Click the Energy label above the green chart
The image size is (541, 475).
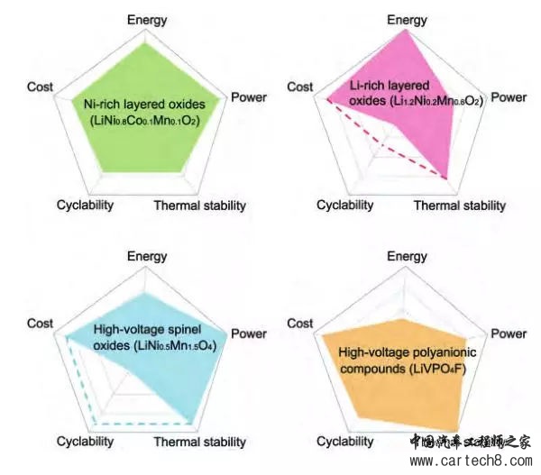[147, 20]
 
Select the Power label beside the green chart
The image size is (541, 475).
[249, 96]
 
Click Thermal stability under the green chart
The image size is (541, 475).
[199, 206]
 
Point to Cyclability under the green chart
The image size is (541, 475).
[85, 206]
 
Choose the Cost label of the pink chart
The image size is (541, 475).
[299, 87]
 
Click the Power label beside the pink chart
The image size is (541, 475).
[509, 96]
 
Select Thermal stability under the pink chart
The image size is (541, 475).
[460, 206]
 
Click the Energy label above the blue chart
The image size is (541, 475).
[147, 257]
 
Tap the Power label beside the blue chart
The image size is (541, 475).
[249, 333]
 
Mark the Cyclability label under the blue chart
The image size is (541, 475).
[85, 442]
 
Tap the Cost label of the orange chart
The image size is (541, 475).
[299, 323]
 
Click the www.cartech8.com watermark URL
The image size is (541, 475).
[472, 461]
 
